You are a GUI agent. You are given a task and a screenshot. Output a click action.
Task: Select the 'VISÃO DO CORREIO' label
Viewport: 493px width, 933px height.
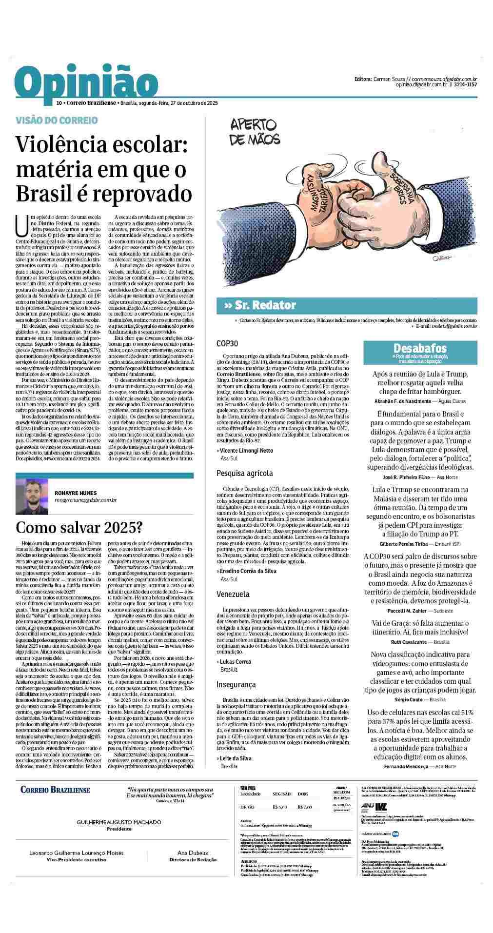(57, 120)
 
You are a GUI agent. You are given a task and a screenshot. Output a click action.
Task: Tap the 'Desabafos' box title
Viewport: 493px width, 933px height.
(419, 348)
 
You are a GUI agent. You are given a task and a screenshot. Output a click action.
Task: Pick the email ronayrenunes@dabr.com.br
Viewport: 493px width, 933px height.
(85, 500)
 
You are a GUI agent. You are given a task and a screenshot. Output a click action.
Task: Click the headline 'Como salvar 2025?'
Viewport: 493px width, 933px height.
(79, 527)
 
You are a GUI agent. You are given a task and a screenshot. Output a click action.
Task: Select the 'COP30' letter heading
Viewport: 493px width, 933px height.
(227, 343)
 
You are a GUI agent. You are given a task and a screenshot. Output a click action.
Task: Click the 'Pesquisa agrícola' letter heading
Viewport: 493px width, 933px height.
(244, 473)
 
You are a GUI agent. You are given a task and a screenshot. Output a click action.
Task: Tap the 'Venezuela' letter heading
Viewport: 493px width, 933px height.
(233, 594)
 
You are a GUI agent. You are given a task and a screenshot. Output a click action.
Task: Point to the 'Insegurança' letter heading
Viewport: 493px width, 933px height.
(236, 684)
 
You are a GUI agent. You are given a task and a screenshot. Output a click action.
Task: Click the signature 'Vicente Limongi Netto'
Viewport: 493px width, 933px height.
(247, 450)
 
